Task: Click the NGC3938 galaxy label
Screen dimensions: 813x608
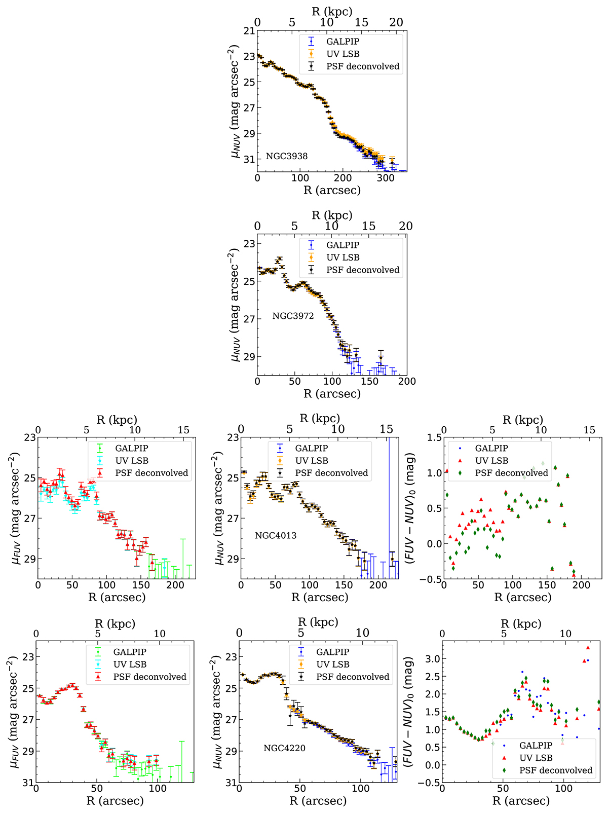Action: [287, 156]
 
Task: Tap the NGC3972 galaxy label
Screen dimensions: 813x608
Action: [293, 316]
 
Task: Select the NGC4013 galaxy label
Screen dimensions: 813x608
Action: [276, 535]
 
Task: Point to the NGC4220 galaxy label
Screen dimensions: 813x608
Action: [284, 748]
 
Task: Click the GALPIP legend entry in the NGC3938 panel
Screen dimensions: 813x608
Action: [343, 42]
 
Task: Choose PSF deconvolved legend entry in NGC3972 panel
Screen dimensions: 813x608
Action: [363, 270]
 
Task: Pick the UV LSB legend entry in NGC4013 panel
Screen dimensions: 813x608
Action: [312, 460]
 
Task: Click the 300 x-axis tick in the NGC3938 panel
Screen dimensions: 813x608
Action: [386, 178]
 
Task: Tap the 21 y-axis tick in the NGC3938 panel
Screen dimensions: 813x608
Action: [249, 31]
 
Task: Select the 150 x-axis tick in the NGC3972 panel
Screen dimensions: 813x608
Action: [369, 382]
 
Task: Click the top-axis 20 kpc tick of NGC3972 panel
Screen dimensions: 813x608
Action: [406, 226]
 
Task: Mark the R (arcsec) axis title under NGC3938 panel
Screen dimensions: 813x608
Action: [332, 191]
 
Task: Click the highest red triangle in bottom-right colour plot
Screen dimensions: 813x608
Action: [588, 647]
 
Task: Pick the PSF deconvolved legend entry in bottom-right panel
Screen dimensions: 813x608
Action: [555, 770]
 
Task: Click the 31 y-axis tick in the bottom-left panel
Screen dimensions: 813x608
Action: [27, 783]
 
